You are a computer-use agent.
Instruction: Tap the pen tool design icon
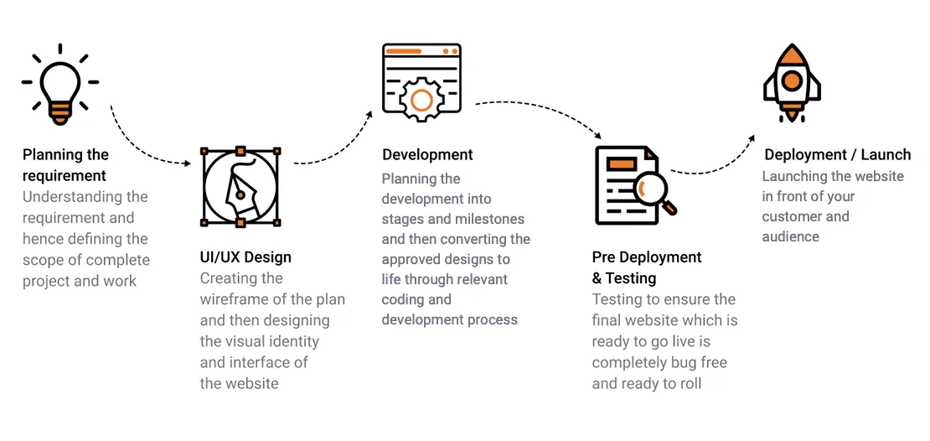pyautogui.click(x=240, y=187)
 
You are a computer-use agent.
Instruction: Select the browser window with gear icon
pyautogui.click(x=421, y=82)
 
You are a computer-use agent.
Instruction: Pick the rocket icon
pyautogui.click(x=792, y=83)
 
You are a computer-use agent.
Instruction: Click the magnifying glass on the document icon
pyautogui.click(x=654, y=192)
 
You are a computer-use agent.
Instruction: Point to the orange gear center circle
pyautogui.click(x=421, y=101)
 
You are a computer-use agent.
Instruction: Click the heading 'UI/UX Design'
pyautogui.click(x=245, y=257)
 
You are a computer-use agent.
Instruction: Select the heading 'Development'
pyautogui.click(x=427, y=155)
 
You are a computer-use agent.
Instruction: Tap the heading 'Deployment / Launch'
pyautogui.click(x=837, y=155)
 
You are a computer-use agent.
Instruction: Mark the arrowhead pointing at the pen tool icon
pyautogui.click(x=188, y=163)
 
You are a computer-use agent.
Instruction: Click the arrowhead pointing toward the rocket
pyautogui.click(x=752, y=138)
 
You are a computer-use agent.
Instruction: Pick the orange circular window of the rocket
pyautogui.click(x=792, y=80)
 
